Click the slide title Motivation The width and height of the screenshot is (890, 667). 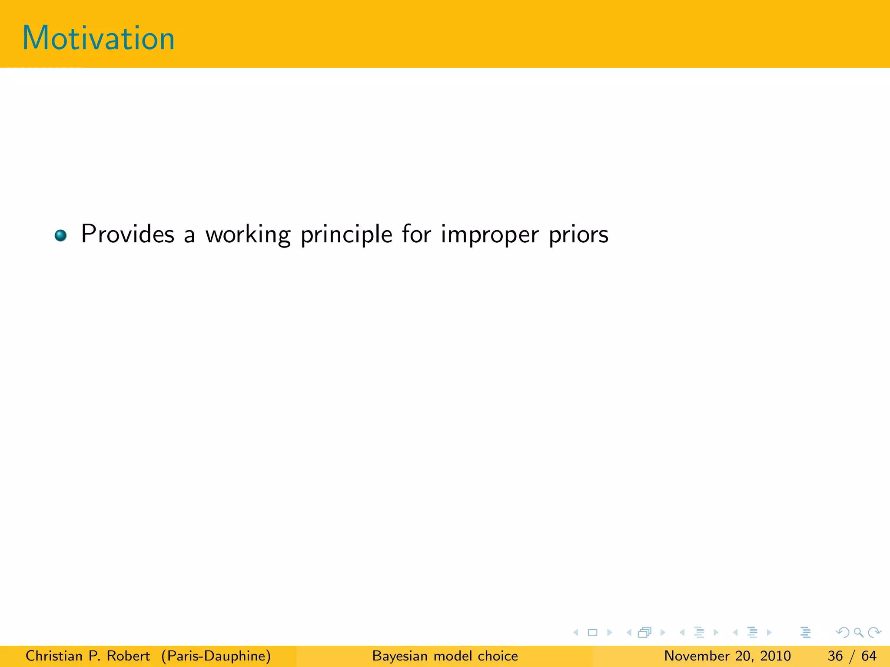pyautogui.click(x=98, y=38)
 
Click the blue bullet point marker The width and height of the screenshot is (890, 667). pyautogui.click(x=60, y=235)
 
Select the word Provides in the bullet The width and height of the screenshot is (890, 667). pyautogui.click(x=128, y=234)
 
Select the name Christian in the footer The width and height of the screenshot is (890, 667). pyautogui.click(x=54, y=656)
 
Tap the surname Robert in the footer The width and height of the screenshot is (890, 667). pyautogui.click(x=128, y=656)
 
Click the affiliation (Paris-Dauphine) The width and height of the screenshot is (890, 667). pyautogui.click(x=216, y=656)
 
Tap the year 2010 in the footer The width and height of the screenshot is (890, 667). pyautogui.click(x=775, y=656)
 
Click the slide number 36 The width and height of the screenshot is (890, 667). pyautogui.click(x=835, y=656)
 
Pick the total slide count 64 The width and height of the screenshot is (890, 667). pyautogui.click(x=869, y=656)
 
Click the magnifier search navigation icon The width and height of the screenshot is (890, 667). pyautogui.click(x=858, y=632)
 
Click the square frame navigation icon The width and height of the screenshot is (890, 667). pyautogui.click(x=592, y=632)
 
